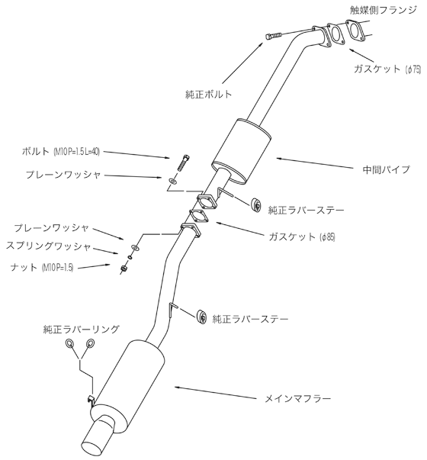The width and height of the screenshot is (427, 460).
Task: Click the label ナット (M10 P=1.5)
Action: click(x=47, y=266)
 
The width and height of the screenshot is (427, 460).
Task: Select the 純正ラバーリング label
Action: click(x=81, y=330)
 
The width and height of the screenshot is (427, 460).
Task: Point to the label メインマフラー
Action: click(x=299, y=399)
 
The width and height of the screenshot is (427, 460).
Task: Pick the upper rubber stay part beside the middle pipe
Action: click(x=256, y=204)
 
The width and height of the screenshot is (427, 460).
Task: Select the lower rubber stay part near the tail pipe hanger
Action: click(x=203, y=316)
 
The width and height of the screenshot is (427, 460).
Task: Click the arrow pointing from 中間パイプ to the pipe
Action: click(x=305, y=161)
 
